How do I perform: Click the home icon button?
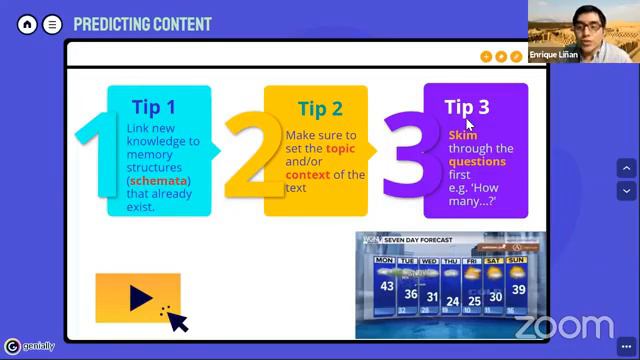[27, 24]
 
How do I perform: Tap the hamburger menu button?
[52, 24]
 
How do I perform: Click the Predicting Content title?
[142, 24]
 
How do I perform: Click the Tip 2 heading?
[320, 109]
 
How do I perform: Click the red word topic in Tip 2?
[340, 148]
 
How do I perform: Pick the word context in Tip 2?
[307, 175]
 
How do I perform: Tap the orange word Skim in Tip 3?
[462, 135]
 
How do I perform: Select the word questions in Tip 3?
[477, 161]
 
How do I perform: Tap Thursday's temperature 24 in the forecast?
[454, 301]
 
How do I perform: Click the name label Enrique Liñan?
[555, 57]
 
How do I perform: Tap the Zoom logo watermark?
[564, 326]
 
